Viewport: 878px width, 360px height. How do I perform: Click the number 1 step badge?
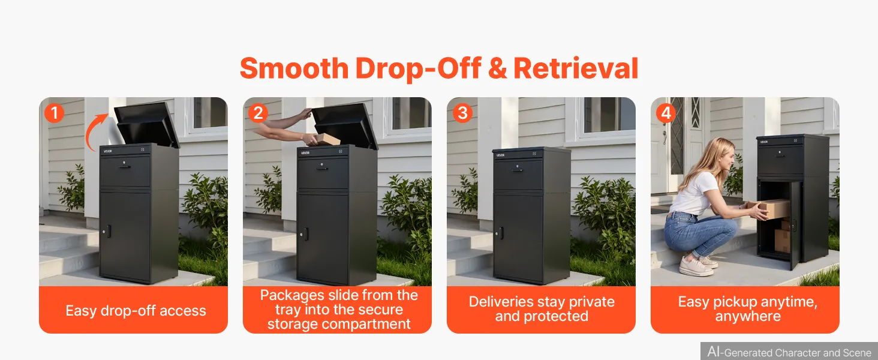54,113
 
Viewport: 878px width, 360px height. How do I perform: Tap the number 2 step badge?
258,113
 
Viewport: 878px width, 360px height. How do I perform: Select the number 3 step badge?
462,113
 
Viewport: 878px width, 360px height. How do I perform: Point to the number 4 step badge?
666,113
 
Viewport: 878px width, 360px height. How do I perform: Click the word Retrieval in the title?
576,68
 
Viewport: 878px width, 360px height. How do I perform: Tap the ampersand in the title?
497,68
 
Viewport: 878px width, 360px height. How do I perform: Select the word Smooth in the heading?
294,68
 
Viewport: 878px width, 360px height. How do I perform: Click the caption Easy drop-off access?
136,311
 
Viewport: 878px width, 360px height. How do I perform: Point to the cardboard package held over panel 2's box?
326,139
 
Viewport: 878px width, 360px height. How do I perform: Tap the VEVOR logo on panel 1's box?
108,151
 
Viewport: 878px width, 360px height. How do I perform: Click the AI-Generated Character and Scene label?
789,352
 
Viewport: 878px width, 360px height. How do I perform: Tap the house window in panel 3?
606,116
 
